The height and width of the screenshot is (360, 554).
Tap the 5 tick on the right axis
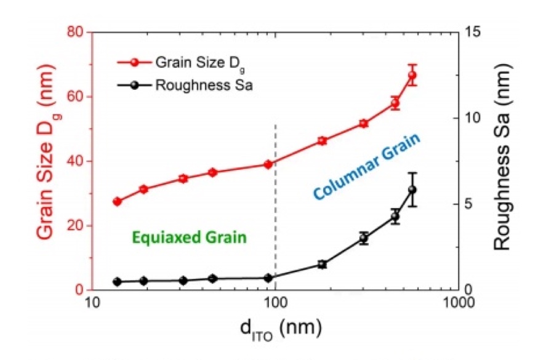tap(472, 204)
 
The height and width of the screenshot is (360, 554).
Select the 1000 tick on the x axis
tap(458, 303)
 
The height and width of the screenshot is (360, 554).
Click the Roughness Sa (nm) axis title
tap(504, 161)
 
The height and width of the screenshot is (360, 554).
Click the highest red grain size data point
tap(412, 75)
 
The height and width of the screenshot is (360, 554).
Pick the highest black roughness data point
tap(412, 190)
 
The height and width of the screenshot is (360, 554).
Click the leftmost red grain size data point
tap(117, 201)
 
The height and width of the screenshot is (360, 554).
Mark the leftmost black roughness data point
tap(117, 282)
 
